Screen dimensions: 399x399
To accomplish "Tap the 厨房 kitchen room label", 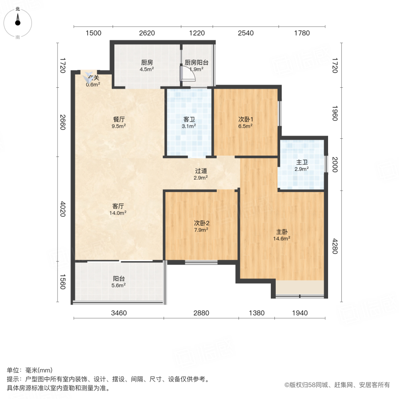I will (x=147, y=63).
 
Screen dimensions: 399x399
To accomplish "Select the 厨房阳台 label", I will (x=196, y=63).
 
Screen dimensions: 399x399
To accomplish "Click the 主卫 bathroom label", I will (x=302, y=162).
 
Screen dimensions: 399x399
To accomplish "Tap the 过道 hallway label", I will (x=201, y=171).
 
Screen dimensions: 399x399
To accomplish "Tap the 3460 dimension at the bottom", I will (x=119, y=313).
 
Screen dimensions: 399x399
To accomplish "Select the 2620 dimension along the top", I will (x=147, y=33).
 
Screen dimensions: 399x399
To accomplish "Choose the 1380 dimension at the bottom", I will (x=256, y=313).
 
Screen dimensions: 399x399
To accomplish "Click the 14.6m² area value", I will (x=282, y=238).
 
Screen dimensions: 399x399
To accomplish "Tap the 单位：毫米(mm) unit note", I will (x=30, y=371).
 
